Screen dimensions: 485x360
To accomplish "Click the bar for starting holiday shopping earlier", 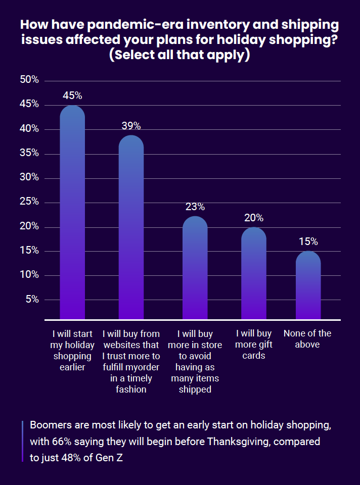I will coord(72,212).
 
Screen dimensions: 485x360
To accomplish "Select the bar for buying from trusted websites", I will coord(131,227).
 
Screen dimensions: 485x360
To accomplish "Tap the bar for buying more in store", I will coord(195,268).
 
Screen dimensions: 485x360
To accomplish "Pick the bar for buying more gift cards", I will coord(253,273).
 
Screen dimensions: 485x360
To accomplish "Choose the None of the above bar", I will coord(308,285).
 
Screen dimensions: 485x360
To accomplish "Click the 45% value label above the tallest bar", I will coord(72,95).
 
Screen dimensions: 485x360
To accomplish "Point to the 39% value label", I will coord(131,126).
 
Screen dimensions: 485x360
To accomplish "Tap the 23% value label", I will coord(195,207).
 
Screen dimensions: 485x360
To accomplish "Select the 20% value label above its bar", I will coord(253,218).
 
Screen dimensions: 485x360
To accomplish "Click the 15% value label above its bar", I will coord(308,241).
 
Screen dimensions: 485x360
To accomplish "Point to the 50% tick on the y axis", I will coord(29,80).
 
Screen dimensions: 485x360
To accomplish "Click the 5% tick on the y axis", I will coord(32,299).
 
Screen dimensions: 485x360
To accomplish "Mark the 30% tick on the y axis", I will coord(29,177).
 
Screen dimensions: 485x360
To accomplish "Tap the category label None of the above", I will coord(307,339).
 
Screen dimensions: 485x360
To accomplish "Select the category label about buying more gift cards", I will coord(253,345).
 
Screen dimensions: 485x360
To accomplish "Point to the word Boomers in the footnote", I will coord(49,424).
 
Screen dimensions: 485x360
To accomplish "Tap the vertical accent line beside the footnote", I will coord(23,441).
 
